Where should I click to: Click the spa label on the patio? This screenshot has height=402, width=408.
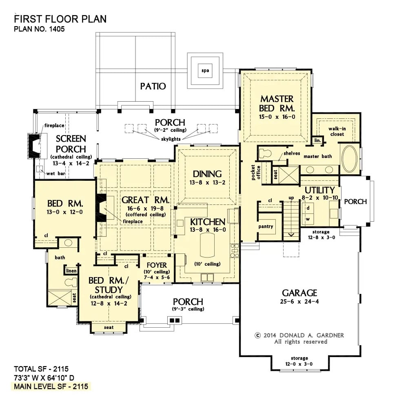pos(205,71)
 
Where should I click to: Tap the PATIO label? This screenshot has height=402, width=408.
pos(153,86)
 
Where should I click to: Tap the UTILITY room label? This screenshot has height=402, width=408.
pos(319,190)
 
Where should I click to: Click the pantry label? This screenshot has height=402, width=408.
pos(266,227)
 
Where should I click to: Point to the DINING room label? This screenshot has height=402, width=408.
pos(207,174)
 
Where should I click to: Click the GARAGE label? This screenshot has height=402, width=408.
pos(299,293)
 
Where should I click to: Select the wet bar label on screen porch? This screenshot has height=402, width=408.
pos(51,173)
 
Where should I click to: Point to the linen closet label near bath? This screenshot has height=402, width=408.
pos(71,271)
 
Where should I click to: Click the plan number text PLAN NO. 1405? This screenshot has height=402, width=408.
pos(40,29)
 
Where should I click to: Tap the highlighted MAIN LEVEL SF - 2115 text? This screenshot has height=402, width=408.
pos(51,386)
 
